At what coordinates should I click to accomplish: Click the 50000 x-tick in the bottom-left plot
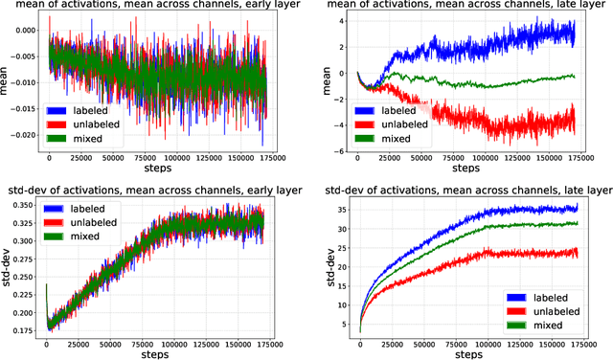point(108,345)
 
